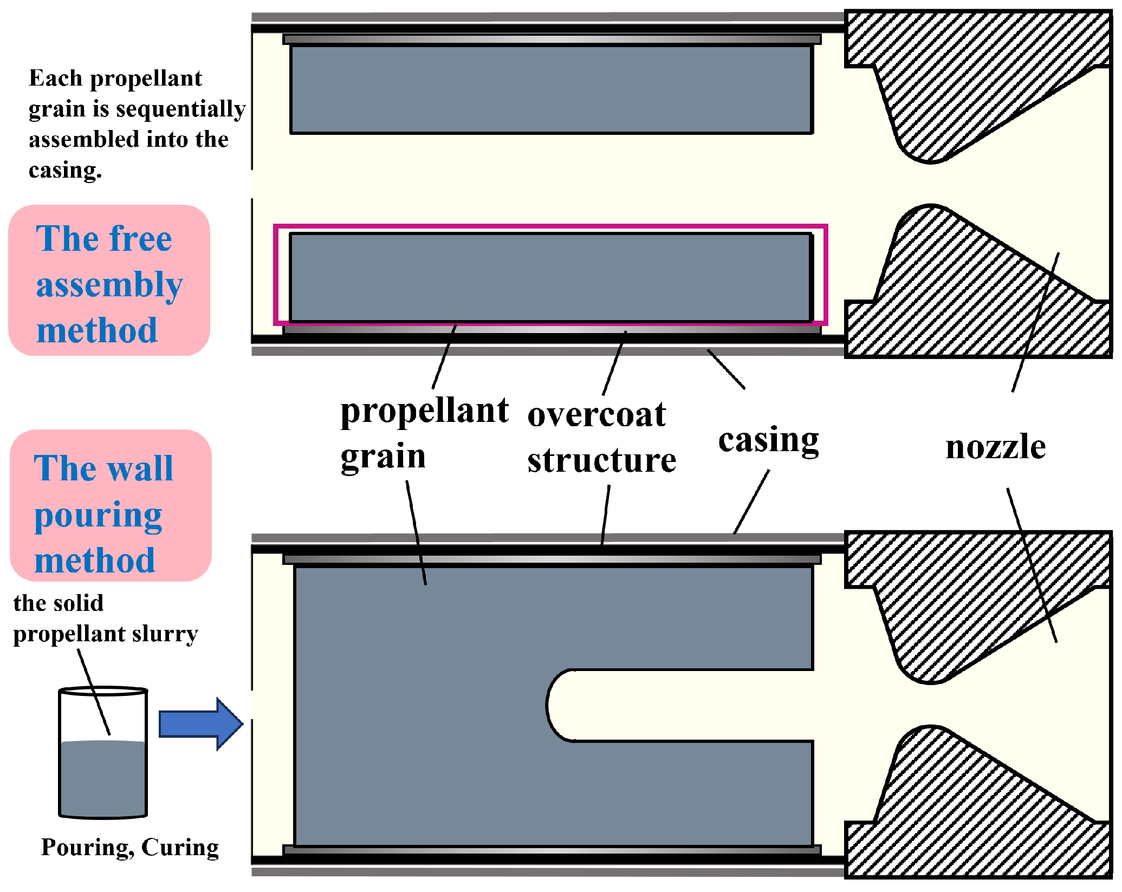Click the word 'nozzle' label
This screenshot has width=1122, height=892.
[995, 447]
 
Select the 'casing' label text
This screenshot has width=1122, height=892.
[768, 440]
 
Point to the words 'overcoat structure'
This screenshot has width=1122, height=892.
[601, 437]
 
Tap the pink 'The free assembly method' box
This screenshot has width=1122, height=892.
[109, 281]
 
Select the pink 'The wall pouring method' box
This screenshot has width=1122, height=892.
[111, 506]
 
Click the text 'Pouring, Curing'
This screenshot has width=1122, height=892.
[130, 848]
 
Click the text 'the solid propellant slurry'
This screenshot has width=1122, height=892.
[106, 618]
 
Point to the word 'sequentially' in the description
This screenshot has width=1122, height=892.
[181, 109]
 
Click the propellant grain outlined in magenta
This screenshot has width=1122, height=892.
[550, 277]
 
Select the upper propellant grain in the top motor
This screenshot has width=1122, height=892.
[551, 89]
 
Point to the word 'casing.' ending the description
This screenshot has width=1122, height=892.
[65, 171]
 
